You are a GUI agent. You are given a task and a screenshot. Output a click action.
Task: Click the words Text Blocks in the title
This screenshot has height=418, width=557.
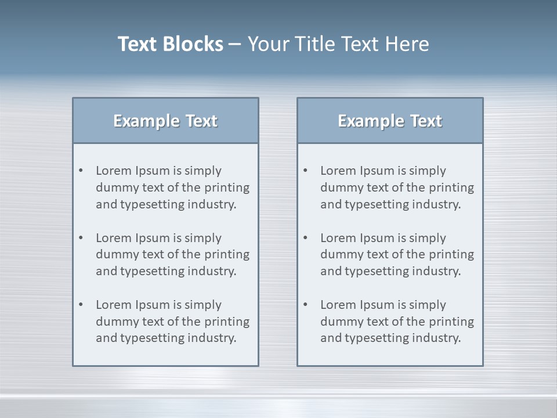coord(170,44)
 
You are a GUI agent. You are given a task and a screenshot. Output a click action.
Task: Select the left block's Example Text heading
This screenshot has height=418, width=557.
coord(165,121)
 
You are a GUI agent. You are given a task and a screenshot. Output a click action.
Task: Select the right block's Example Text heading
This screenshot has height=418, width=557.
coord(390,121)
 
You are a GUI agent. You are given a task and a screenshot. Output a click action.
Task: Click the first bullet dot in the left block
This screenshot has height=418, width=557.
coord(81,171)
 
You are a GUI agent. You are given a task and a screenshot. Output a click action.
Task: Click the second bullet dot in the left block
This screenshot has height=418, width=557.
coord(81,238)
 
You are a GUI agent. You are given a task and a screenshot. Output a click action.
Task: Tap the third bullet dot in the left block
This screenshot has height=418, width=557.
coord(81,305)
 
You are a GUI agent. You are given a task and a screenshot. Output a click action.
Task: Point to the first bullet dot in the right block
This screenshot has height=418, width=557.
coord(306,171)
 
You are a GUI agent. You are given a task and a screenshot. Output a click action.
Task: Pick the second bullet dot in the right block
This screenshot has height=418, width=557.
coord(306,238)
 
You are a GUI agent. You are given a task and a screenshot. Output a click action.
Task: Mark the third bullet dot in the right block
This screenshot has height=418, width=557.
coord(306,305)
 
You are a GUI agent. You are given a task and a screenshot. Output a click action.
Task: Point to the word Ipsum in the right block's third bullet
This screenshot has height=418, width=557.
coord(377,305)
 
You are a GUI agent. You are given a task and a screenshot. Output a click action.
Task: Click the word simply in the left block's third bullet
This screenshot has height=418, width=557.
coord(203,305)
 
